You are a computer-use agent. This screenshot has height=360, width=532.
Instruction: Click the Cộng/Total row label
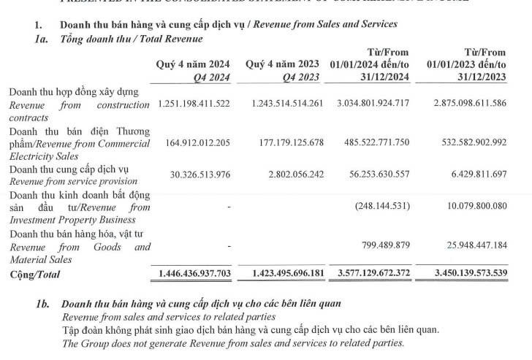click(35, 275)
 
